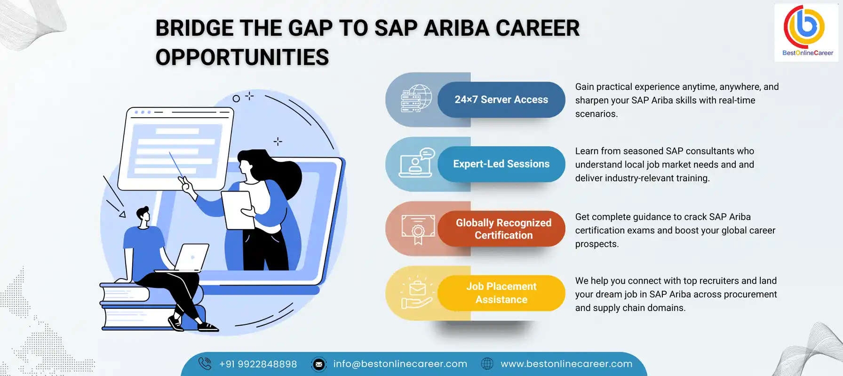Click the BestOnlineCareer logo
(806, 32)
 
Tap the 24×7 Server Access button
(501, 100)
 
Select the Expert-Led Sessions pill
(501, 164)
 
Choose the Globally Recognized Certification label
(503, 229)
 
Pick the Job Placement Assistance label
(501, 293)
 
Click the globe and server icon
(416, 98)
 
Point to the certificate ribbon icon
(418, 229)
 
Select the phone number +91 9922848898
(258, 364)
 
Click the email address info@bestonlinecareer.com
(400, 364)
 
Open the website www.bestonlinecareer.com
(566, 364)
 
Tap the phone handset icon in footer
(205, 364)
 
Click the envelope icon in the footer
(318, 364)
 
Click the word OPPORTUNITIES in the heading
(242, 57)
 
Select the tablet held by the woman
(238, 209)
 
